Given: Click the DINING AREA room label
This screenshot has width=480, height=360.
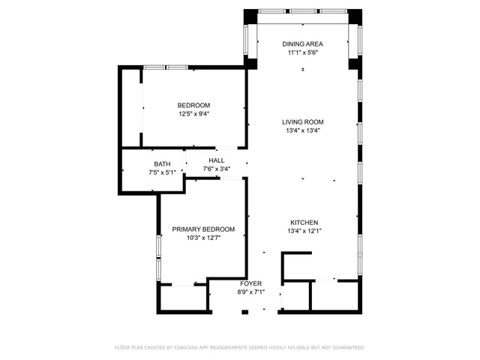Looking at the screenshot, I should [x=303, y=44].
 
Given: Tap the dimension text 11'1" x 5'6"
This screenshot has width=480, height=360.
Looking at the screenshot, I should [x=303, y=53].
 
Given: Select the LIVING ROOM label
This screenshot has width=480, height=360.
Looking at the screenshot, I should [x=303, y=121].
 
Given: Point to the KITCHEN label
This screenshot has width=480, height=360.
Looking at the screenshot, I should [x=304, y=223].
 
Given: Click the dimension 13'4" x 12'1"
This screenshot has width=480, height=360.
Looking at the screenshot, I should [x=304, y=231].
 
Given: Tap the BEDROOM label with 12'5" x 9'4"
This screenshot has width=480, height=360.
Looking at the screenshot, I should [x=193, y=105].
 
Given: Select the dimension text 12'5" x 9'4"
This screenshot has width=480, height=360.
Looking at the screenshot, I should [x=193, y=114].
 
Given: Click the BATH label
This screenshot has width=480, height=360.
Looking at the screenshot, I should [x=162, y=164].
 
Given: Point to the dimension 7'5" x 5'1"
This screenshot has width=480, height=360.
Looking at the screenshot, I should [x=162, y=172].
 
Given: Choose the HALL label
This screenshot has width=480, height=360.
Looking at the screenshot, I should [x=217, y=160].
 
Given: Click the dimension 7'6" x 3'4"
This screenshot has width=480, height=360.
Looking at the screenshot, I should [x=217, y=169].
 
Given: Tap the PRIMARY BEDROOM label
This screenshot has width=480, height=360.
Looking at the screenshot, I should [x=203, y=229].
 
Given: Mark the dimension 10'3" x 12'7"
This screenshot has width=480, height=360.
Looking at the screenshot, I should [x=203, y=238].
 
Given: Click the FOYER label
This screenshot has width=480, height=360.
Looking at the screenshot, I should [x=250, y=283].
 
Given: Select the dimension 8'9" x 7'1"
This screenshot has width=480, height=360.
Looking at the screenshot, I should [x=250, y=292].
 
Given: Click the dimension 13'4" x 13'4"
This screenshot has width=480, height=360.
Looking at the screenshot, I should [x=303, y=130].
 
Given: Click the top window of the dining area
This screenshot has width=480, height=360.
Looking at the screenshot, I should [x=303, y=10].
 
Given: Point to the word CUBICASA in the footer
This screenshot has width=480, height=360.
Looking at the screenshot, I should [x=187, y=348].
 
